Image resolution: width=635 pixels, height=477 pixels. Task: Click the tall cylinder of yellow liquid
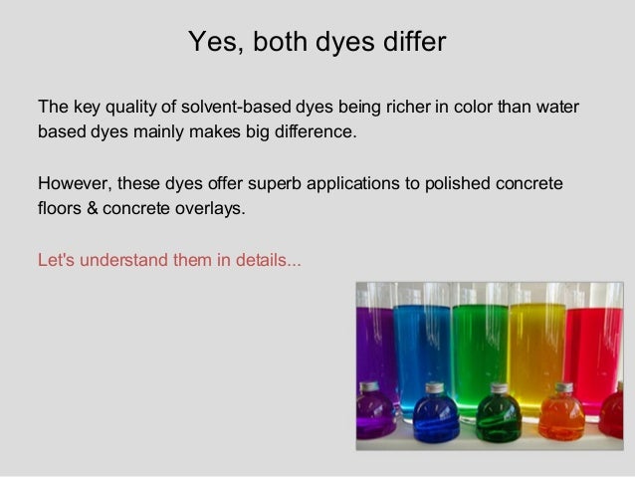(x=538, y=339)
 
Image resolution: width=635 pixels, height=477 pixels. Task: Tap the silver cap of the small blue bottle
(x=435, y=387)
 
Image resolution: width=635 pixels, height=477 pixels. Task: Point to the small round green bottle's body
(x=499, y=418)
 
